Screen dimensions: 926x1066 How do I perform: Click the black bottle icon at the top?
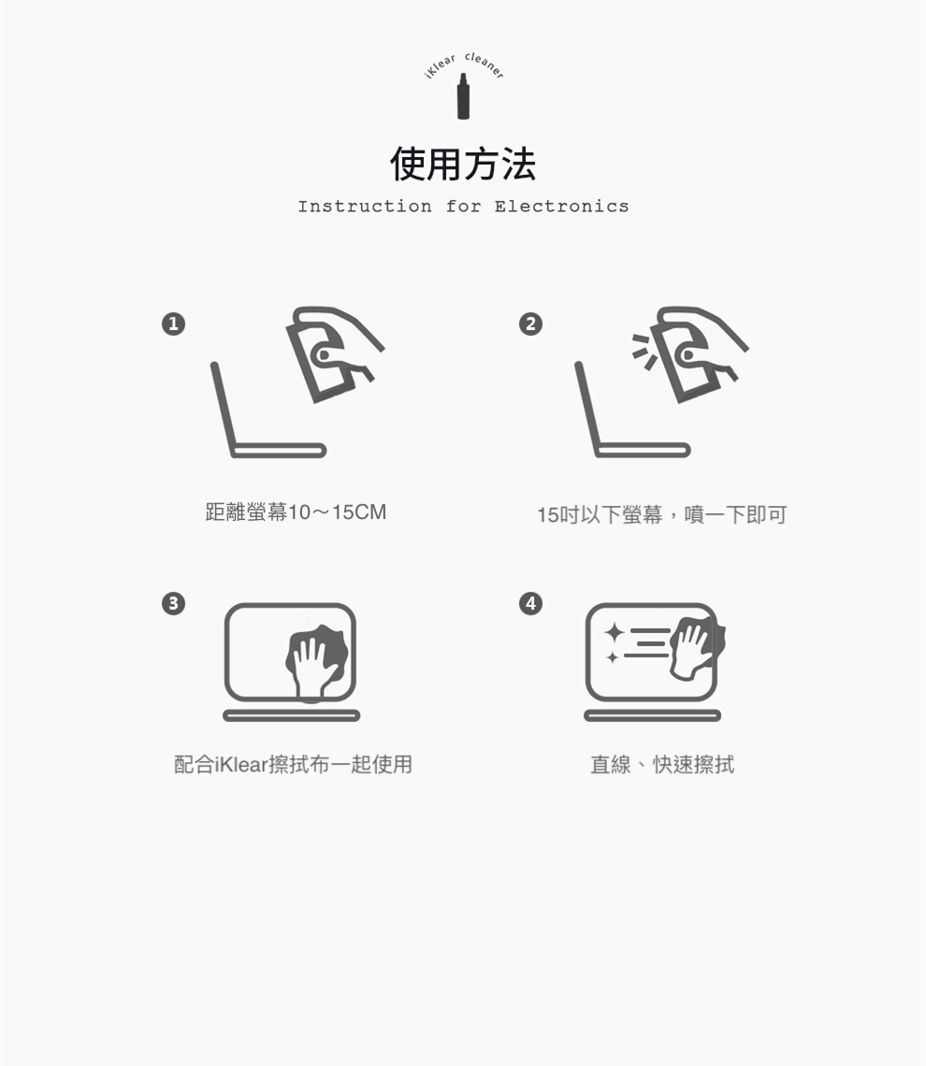coord(463,96)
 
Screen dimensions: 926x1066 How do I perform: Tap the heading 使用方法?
coord(463,164)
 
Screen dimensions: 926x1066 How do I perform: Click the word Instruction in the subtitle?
coord(365,206)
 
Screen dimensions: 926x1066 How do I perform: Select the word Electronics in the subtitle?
coord(561,206)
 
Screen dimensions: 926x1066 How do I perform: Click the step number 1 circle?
coord(173,324)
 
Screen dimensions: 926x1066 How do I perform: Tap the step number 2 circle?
coord(531,324)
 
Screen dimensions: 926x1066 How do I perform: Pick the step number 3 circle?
coord(173,603)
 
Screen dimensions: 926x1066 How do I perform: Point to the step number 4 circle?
coord(531,603)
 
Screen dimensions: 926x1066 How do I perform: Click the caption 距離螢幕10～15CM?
coord(296,511)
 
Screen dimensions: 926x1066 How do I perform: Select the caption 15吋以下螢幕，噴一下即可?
coord(661,514)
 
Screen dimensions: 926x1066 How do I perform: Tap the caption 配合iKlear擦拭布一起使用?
coord(293,764)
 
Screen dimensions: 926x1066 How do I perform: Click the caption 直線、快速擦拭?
coord(662,765)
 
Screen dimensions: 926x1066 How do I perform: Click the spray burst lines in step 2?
coord(644,352)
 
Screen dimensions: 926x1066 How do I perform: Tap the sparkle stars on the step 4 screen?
coord(614,642)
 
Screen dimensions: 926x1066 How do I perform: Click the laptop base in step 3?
coord(292,715)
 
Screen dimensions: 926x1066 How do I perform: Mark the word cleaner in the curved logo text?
coord(485,65)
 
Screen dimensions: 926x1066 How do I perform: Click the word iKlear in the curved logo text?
coord(440,66)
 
